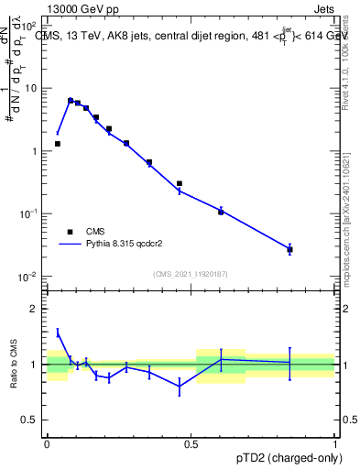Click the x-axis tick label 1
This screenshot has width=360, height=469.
click(x=335, y=443)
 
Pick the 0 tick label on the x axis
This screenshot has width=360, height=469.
click(x=47, y=443)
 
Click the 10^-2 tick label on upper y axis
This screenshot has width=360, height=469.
click(x=29, y=277)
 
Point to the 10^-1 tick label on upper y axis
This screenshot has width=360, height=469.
click(x=29, y=213)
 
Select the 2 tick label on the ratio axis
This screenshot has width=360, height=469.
click(x=37, y=310)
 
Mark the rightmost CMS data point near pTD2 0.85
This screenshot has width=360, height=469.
click(x=289, y=249)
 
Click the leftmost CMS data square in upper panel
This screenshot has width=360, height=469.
click(x=58, y=144)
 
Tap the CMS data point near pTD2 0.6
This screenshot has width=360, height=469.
click(x=221, y=211)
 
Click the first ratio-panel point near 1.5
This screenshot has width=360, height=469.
click(x=58, y=333)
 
